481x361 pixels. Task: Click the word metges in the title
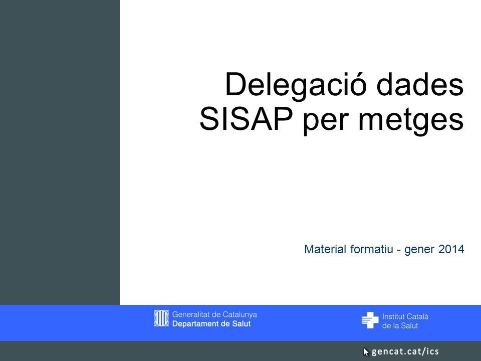410,120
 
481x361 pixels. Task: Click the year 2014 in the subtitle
451,249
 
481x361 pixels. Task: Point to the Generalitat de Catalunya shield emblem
161,318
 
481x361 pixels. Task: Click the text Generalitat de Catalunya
214,314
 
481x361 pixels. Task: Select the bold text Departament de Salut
211,324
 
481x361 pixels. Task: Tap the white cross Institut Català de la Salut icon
370,320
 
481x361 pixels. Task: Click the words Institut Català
405,316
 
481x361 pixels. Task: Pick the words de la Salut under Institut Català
400,326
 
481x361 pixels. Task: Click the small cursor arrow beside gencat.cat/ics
366,351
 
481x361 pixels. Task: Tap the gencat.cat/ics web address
405,351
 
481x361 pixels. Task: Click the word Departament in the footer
196,324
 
